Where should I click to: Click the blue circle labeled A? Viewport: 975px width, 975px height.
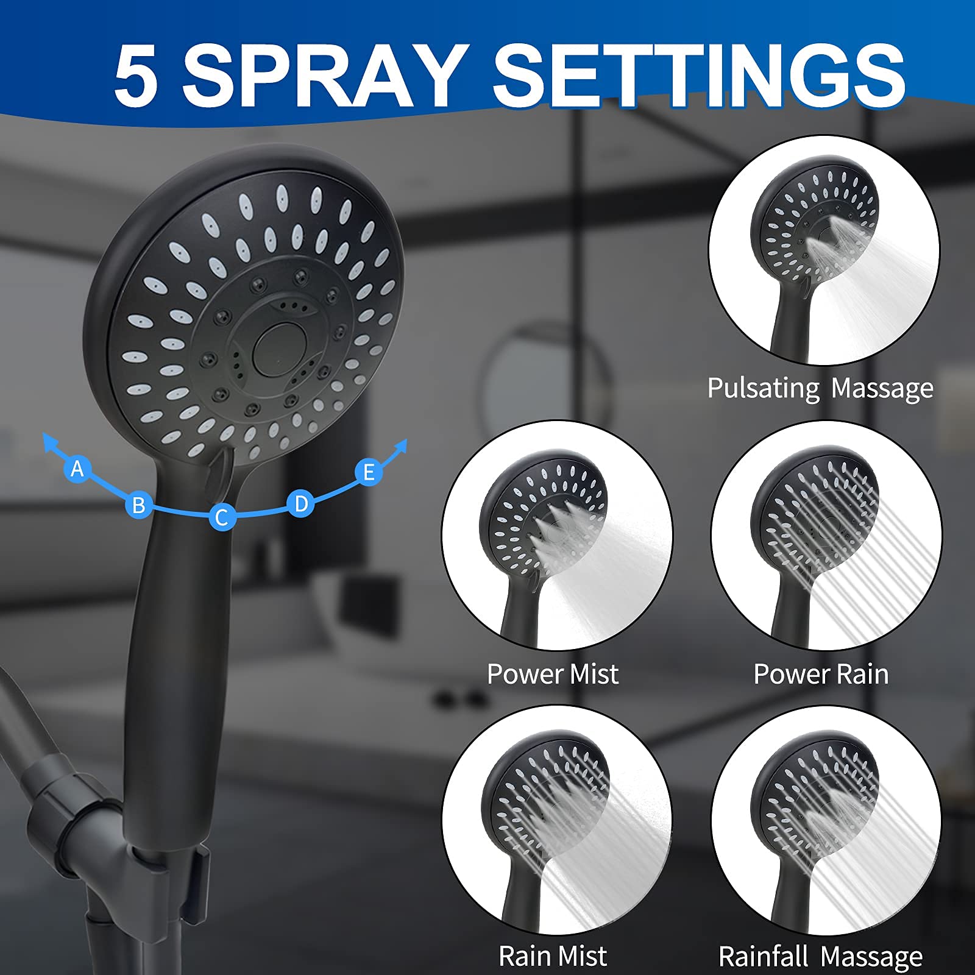coord(77,469)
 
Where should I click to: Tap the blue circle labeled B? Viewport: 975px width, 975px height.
coord(139,505)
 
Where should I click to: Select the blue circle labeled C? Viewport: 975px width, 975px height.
coord(222,517)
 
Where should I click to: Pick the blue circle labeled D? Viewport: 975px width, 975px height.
coord(301,504)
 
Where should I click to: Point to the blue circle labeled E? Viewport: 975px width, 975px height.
coord(369,472)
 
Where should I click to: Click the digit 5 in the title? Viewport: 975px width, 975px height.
coord(136,77)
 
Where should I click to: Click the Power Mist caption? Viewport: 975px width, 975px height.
coord(553,674)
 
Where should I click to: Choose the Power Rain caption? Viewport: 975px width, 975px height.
coord(821,674)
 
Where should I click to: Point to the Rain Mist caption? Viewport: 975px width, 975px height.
coord(553,955)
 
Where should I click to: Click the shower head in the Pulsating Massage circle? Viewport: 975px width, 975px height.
coord(810,262)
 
